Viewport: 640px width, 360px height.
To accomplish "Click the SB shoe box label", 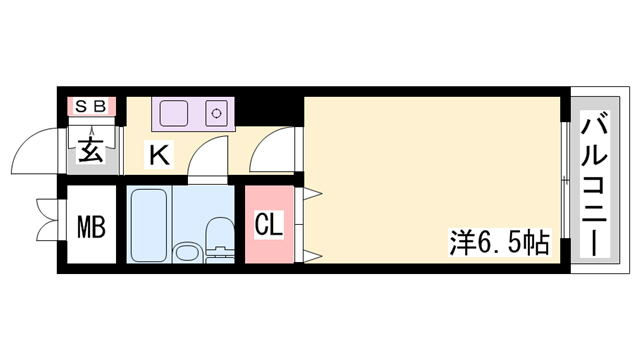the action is (91, 106).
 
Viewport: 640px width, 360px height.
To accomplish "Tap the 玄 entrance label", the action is (91, 149).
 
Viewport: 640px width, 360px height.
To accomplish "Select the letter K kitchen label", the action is (159, 155).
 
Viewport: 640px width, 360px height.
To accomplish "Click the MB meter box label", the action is (91, 227).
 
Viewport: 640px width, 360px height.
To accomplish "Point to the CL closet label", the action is (269, 225).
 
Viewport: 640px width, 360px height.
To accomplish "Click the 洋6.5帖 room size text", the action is (500, 243).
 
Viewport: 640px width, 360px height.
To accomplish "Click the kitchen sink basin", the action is (174, 113).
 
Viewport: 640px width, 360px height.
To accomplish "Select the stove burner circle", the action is (216, 113).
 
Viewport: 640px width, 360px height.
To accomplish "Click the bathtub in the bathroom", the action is (149, 224).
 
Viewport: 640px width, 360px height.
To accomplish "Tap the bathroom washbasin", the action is (188, 253).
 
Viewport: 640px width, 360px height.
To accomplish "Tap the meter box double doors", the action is (48, 220).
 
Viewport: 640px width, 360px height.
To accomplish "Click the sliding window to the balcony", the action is (565, 180).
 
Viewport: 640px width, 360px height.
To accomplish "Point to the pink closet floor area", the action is (269, 224).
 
